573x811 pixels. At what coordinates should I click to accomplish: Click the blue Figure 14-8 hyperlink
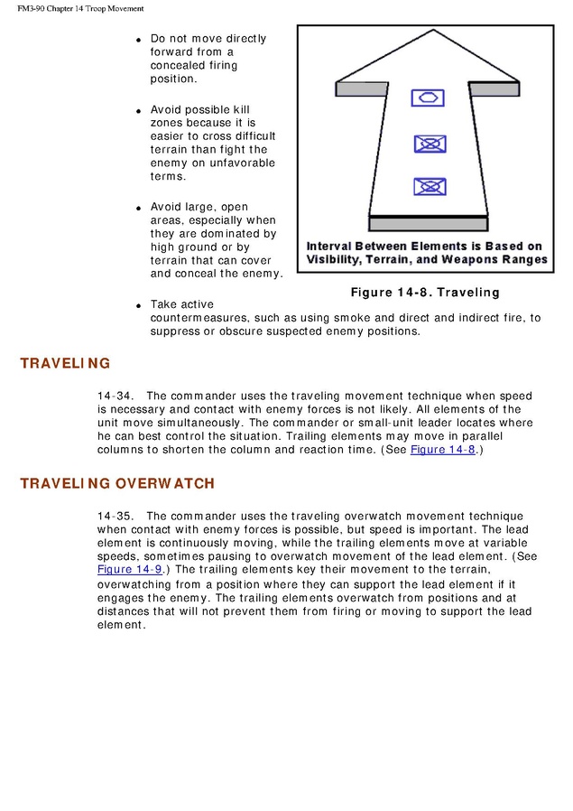click(442, 450)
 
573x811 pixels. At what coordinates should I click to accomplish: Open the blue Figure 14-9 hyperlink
click(129, 570)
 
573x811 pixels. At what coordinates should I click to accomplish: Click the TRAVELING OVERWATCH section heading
click(117, 483)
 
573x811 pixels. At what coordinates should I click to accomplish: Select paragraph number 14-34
click(115, 396)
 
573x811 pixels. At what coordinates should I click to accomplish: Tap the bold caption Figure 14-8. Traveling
click(425, 293)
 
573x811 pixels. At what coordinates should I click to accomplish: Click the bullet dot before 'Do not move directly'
click(139, 41)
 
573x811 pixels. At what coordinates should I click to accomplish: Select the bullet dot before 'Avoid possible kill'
click(139, 111)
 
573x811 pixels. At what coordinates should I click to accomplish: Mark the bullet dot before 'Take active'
click(139, 306)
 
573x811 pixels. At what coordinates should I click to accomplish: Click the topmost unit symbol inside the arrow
click(428, 98)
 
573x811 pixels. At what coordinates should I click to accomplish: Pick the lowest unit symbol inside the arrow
click(428, 187)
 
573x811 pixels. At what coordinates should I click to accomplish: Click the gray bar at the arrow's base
click(428, 223)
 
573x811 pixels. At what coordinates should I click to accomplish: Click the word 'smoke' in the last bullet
click(342, 318)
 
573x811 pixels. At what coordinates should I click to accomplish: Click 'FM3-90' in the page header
click(33, 8)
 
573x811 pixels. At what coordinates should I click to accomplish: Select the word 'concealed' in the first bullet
click(179, 66)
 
